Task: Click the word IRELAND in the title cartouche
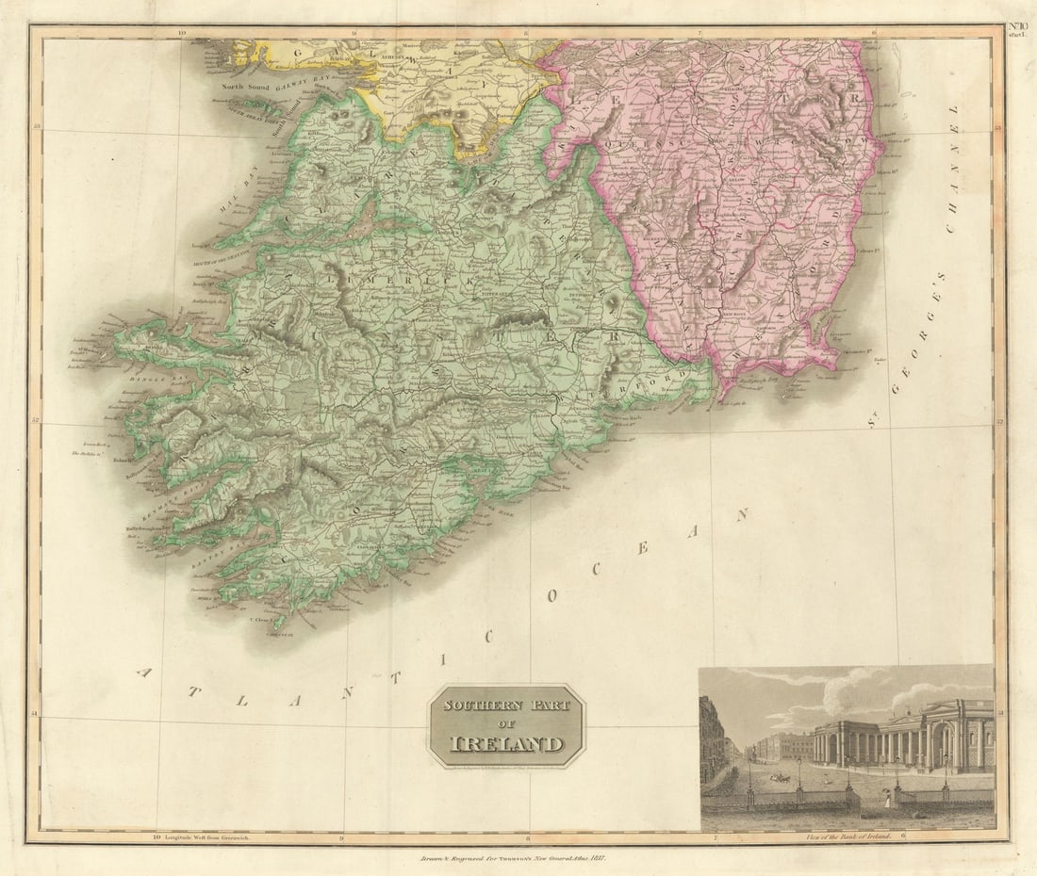pyautogui.click(x=507, y=743)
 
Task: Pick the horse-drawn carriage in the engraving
pyautogui.click(x=782, y=778)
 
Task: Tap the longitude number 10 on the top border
pyautogui.click(x=182, y=32)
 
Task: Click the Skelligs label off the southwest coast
pyautogui.click(x=87, y=454)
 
